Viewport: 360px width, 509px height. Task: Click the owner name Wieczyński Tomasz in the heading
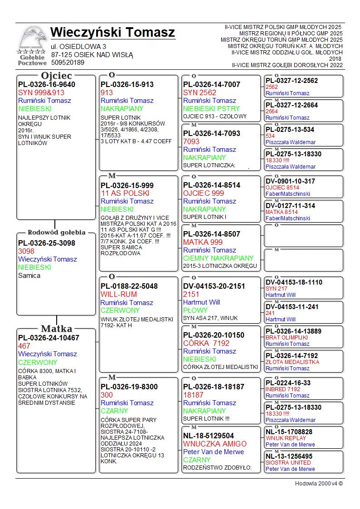(112, 33)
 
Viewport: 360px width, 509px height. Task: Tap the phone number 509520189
(68, 63)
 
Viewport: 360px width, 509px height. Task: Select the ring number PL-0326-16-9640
(47, 84)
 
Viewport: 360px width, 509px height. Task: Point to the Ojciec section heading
(56, 76)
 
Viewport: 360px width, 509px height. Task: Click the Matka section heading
(56, 329)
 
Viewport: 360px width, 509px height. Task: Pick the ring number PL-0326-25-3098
(47, 243)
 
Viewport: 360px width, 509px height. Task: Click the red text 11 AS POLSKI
(125, 193)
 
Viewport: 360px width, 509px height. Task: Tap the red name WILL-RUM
(118, 294)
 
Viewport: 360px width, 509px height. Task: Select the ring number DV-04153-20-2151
(214, 286)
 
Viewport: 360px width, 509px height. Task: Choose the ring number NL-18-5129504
(209, 436)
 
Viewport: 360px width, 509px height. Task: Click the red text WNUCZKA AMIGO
(215, 444)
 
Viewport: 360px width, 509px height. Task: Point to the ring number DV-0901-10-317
(290, 181)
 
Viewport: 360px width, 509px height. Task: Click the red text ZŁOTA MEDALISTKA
(292, 362)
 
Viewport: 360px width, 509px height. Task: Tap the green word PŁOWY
(195, 310)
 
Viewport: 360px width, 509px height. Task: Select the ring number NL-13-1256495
(289, 456)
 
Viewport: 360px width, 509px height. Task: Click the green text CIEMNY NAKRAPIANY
(218, 258)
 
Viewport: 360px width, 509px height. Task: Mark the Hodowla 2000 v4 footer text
(319, 484)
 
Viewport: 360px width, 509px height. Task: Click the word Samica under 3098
(29, 276)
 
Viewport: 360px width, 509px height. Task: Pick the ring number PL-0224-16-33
(288, 383)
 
